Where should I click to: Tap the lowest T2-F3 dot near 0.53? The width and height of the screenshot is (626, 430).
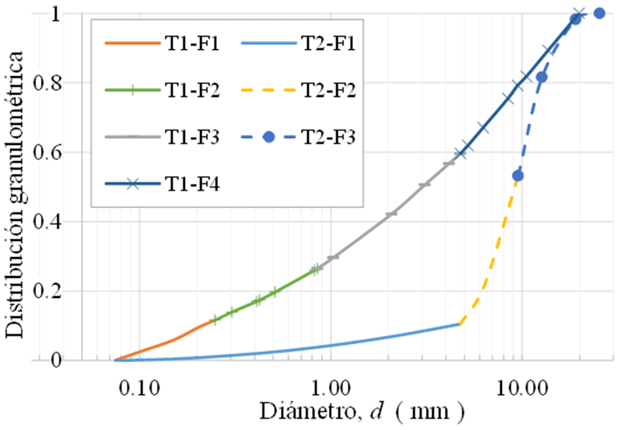(518, 175)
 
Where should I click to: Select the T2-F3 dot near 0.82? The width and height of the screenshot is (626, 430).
(542, 77)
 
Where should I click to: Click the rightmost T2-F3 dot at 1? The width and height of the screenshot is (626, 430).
(599, 13)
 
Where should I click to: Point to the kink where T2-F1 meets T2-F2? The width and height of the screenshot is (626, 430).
(460, 324)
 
